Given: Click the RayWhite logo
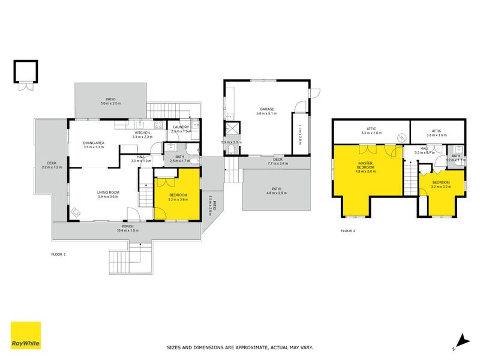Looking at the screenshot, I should pos(26,336).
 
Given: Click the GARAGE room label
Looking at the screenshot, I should pos(267,109).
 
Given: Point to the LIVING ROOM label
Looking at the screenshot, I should pos(109,193).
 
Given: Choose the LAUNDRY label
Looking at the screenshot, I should pos(181,127).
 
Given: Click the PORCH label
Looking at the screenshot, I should pos(126,226).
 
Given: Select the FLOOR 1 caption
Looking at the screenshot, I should pos(58,254).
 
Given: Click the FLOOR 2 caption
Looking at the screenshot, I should pos(348,230).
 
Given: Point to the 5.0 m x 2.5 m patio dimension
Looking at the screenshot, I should pos(111,103).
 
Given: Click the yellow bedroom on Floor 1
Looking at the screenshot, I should pos(178,195).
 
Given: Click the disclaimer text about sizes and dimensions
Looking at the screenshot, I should pos(239,347).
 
